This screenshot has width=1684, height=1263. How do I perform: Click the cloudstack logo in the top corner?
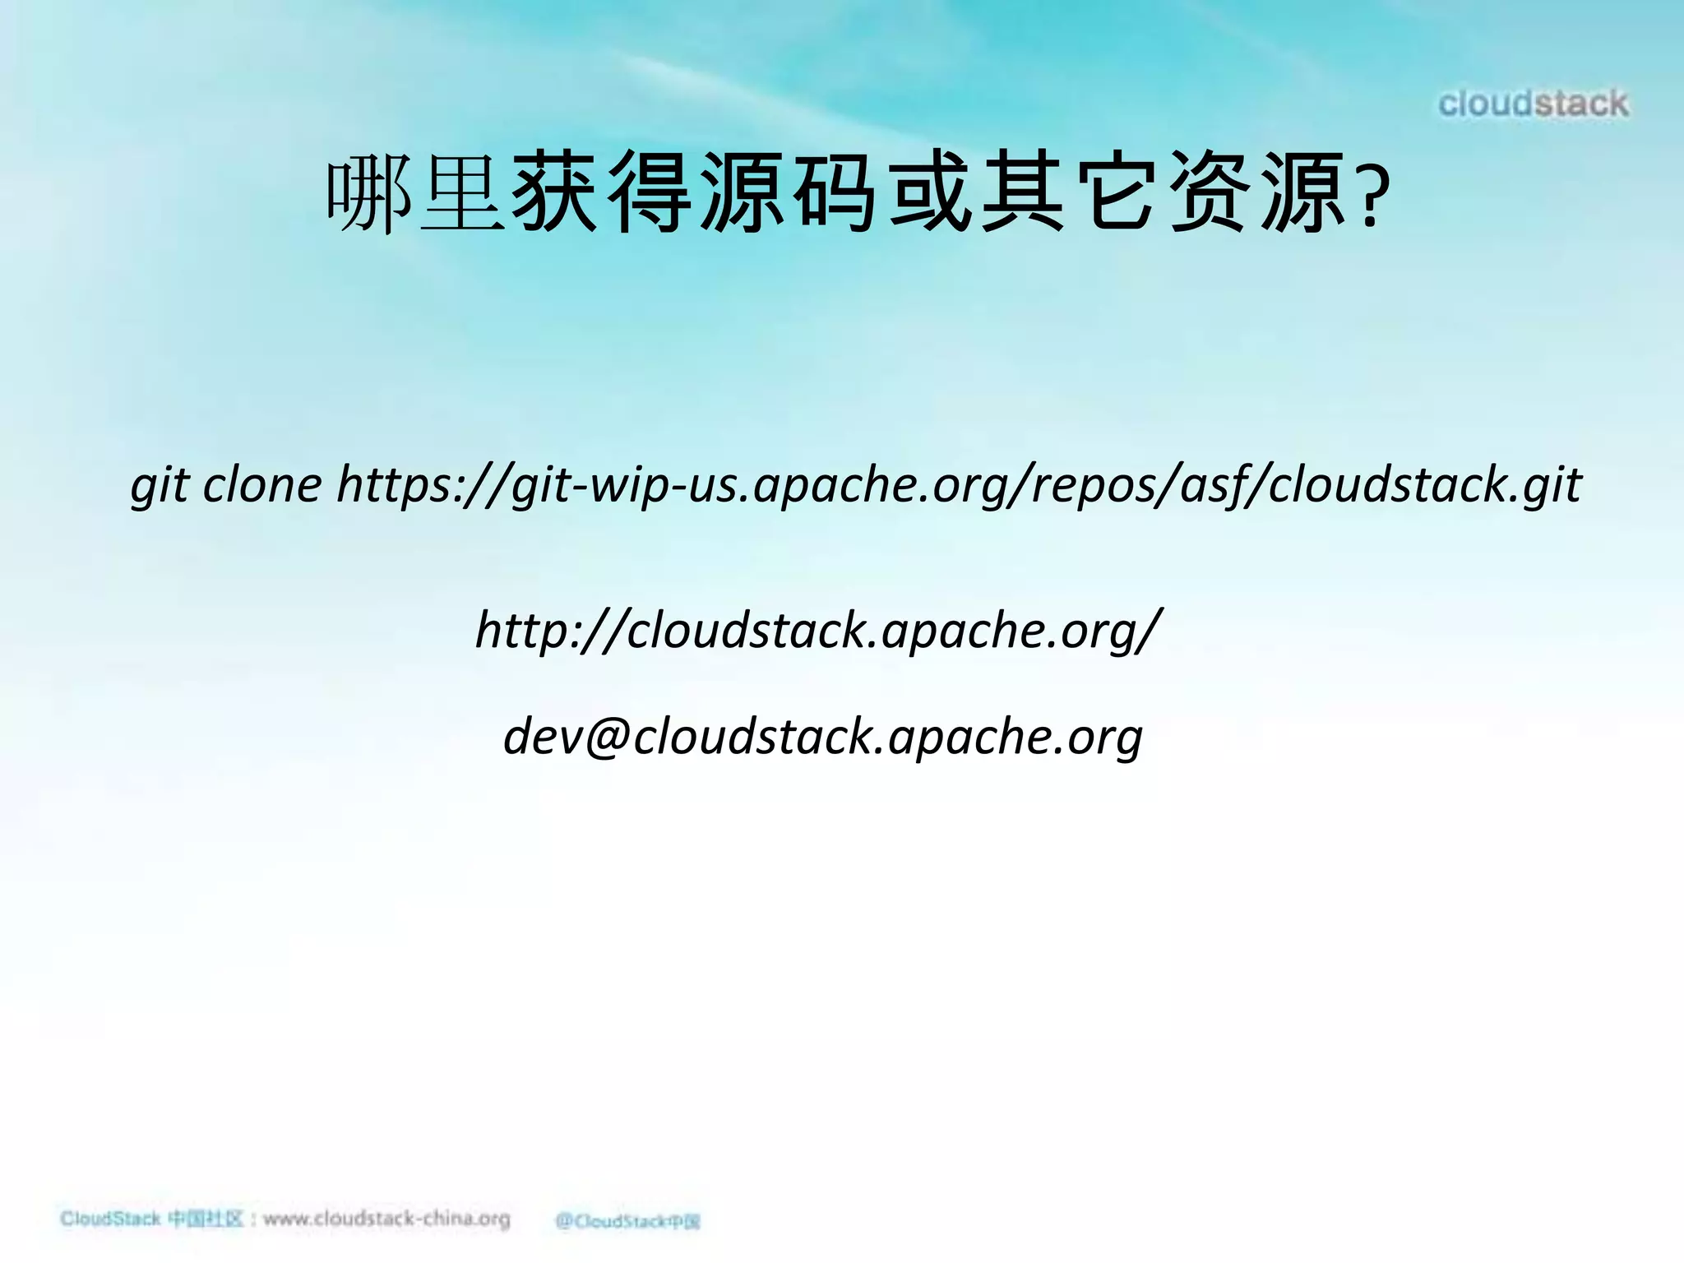tap(1533, 104)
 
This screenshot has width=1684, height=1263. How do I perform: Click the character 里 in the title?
tap(462, 195)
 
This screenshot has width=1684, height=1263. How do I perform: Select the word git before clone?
tap(160, 486)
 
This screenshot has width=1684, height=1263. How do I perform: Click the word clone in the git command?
tap(262, 484)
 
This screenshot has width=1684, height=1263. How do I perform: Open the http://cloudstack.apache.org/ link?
tap(819, 631)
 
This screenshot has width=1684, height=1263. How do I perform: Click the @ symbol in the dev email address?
tap(604, 736)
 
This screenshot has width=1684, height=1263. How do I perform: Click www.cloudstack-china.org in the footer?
tap(386, 1219)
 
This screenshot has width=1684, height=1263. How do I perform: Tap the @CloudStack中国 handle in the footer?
tap(627, 1221)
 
